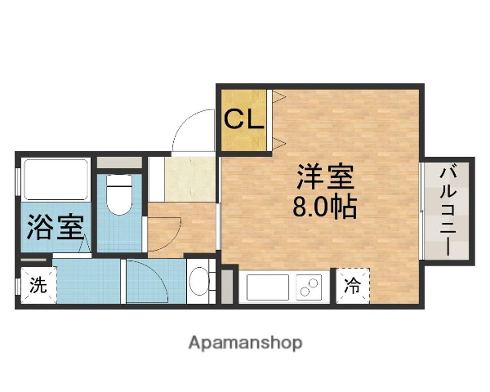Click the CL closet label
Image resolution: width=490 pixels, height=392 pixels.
point(244,120)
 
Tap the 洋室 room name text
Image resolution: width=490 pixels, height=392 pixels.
point(323,177)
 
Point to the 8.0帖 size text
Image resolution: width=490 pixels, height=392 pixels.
point(323,207)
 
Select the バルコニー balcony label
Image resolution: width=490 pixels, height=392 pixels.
point(448,211)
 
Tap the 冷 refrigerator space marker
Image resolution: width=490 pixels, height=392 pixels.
point(352,285)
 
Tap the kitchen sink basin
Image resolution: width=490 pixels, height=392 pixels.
point(266,287)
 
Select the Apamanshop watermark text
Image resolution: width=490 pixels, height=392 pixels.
point(245,343)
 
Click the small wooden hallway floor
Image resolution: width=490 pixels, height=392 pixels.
point(181,229)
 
